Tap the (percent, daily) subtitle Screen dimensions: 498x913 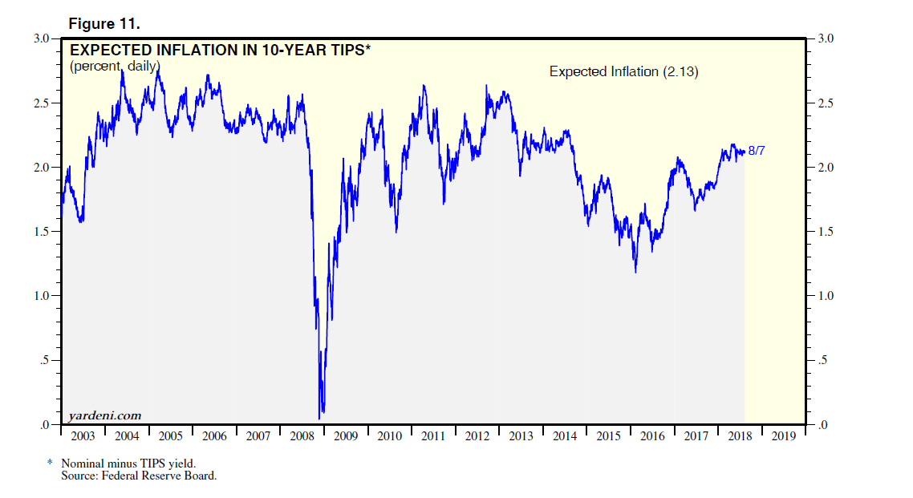[x=115, y=66]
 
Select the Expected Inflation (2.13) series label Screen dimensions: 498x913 [x=623, y=71]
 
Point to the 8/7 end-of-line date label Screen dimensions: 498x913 [x=756, y=150]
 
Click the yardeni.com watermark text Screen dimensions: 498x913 [x=105, y=415]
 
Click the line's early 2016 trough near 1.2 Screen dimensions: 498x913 [x=635, y=272]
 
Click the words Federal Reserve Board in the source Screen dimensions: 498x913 [x=177, y=476]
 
